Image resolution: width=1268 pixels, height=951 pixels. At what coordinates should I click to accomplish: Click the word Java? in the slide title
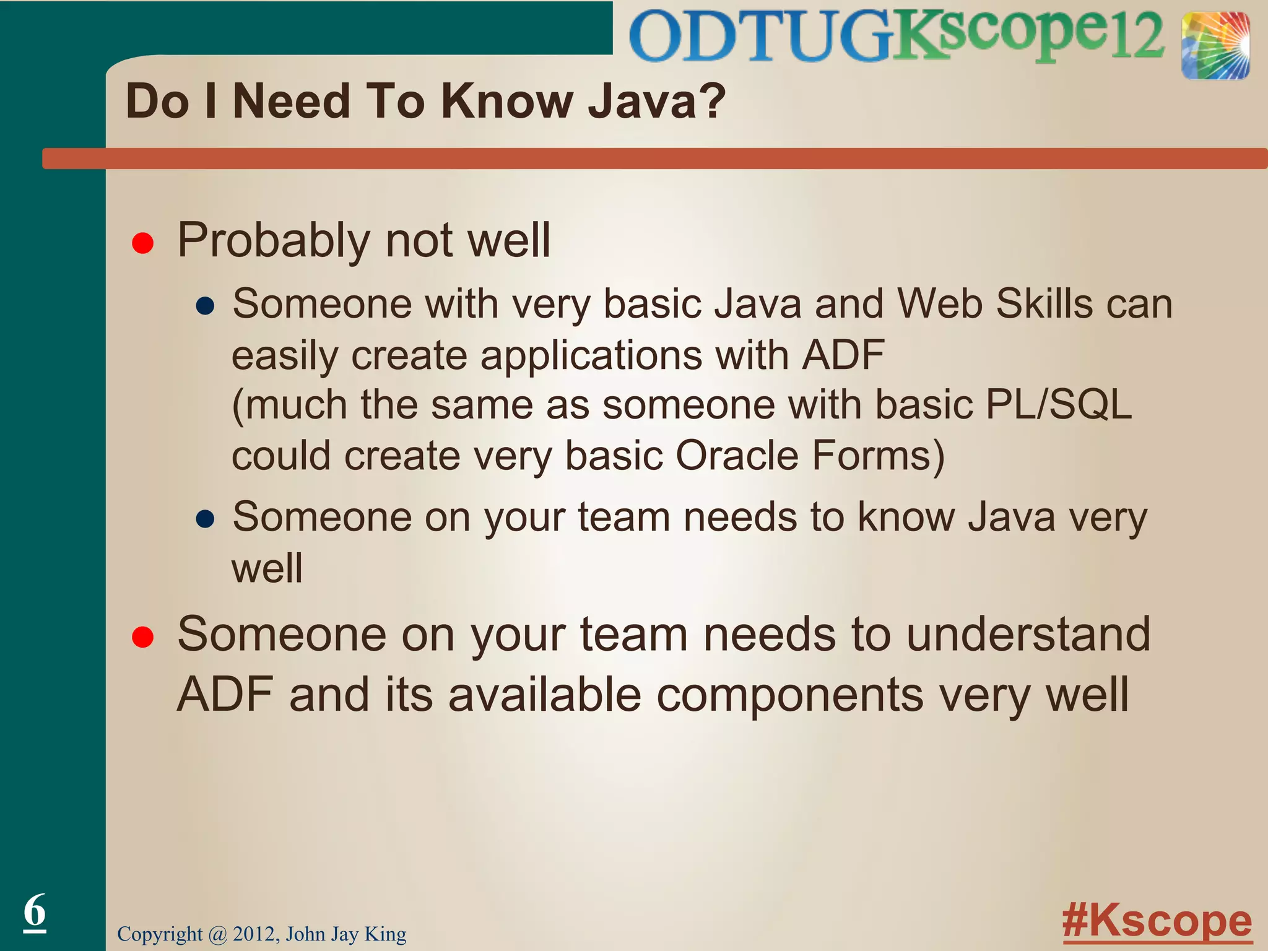coord(657,101)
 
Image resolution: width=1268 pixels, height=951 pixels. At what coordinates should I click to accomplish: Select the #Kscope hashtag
coord(1157,921)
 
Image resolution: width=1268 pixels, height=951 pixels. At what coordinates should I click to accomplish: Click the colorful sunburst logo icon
coord(1215,46)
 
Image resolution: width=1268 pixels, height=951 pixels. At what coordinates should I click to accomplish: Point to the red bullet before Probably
coord(143,243)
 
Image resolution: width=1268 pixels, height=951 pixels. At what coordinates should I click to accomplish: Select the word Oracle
coord(736,456)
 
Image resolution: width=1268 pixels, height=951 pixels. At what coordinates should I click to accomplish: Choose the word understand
coord(1028,635)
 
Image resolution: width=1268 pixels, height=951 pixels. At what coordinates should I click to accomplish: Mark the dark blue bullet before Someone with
coord(205,306)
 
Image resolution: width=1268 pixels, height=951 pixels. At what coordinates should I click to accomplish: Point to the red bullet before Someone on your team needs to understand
coord(143,637)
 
